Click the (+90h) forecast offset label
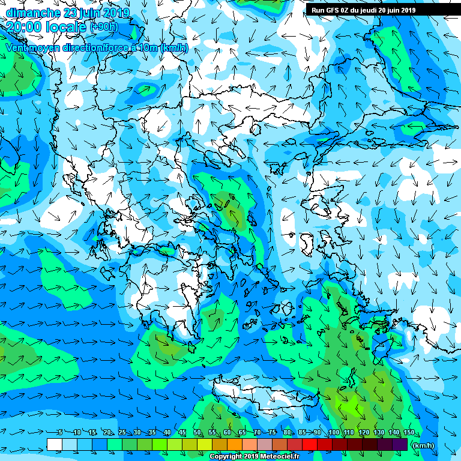pos(104,26)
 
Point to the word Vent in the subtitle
pos(17,47)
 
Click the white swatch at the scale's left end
pos(54,444)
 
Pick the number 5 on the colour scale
pos(60,433)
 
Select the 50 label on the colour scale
pos(197,433)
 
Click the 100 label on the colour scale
pos(334,433)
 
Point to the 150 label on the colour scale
pos(409,433)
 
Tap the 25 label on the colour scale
pos(122,433)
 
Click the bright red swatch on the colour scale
pos(309,444)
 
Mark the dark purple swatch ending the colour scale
pos(400,444)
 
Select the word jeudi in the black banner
pos(375,10)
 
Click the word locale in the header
pos(66,26)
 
